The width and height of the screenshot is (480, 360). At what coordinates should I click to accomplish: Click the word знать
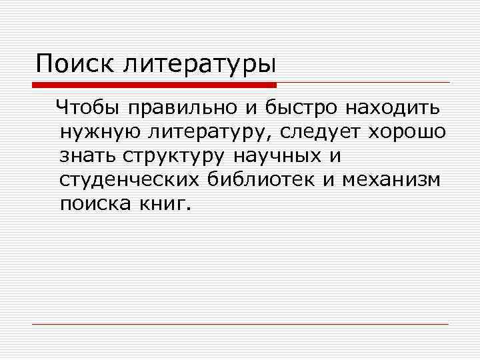pyautogui.click(x=86, y=155)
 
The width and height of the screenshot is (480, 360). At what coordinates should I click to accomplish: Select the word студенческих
pyautogui.click(x=127, y=179)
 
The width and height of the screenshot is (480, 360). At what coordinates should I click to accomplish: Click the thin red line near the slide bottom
pyautogui.click(x=240, y=324)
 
